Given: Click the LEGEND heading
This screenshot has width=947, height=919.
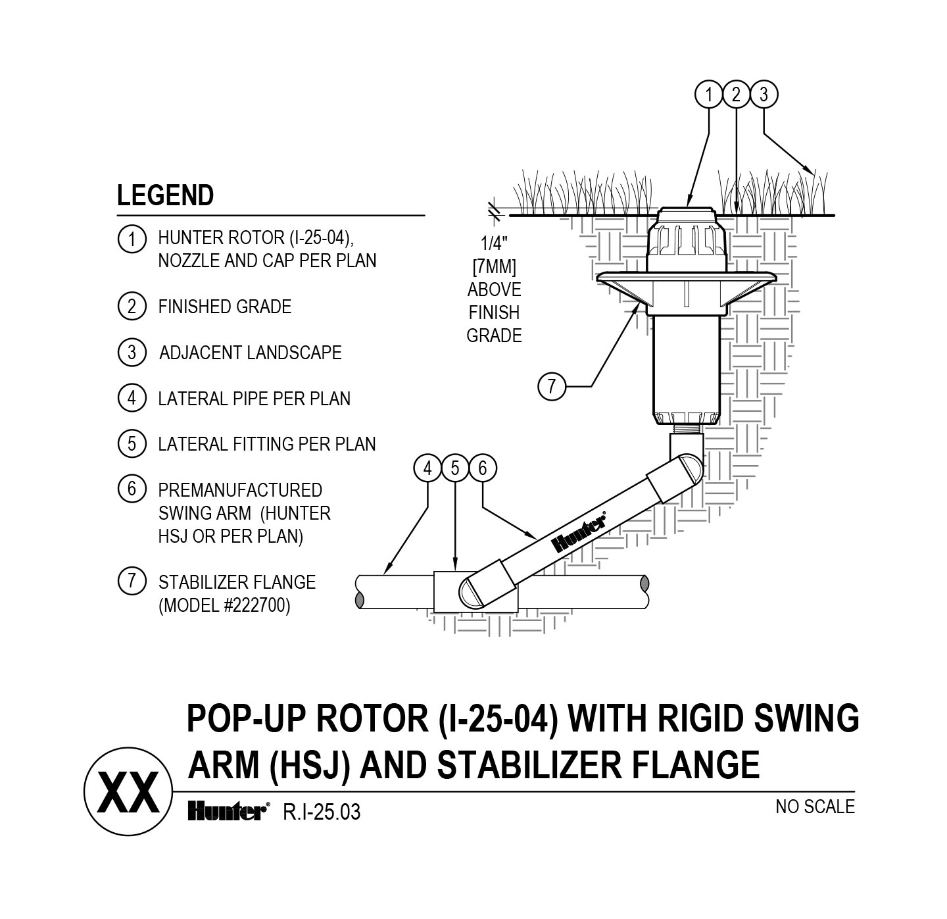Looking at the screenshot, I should (x=165, y=195).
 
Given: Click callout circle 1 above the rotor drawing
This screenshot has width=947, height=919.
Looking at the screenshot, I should (x=709, y=95).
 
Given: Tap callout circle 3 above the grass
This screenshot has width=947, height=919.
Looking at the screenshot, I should (x=764, y=95).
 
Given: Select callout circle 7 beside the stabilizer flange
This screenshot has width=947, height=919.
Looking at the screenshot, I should (x=552, y=385).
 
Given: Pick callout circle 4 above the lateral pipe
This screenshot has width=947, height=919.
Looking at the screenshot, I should (x=428, y=468).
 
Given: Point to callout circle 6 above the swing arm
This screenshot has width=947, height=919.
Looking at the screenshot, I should (x=483, y=468).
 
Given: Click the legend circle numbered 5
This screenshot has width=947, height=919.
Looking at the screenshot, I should (x=132, y=444).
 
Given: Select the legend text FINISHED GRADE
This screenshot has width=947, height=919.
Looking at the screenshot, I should (x=224, y=307).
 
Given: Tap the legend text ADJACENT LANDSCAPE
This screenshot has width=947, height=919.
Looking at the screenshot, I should (x=250, y=353).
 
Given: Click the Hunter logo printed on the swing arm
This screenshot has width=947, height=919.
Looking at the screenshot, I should (x=579, y=532).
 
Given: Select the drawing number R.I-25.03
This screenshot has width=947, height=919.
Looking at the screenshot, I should (x=322, y=812).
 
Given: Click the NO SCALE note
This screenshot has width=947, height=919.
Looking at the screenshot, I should (x=815, y=807).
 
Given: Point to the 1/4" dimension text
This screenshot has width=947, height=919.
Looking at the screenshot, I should (x=491, y=244).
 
